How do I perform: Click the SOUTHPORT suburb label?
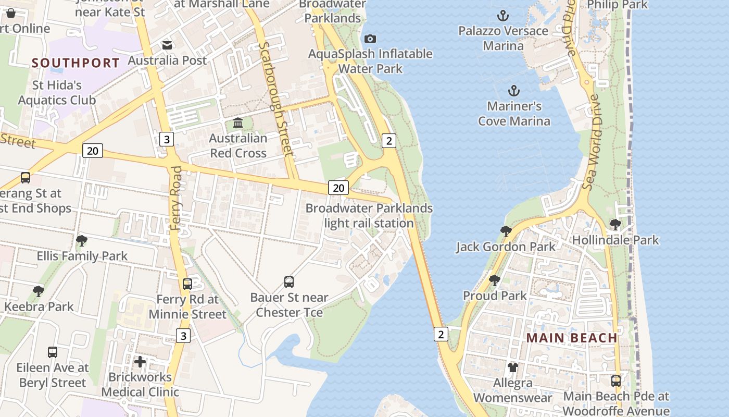[76, 63]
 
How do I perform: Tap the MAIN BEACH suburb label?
[572, 338]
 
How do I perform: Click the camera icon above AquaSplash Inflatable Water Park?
[370, 39]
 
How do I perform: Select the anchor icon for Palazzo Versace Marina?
[502, 16]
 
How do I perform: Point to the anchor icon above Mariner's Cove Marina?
[514, 91]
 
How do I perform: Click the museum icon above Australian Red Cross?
[238, 123]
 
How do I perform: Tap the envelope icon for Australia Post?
[167, 45]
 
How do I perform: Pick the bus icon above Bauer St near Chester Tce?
[289, 282]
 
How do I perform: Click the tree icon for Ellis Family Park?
[81, 241]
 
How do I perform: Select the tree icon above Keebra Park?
[38, 291]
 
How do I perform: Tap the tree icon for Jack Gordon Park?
[506, 231]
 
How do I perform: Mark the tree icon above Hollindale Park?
[615, 225]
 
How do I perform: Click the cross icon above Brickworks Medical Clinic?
[140, 361]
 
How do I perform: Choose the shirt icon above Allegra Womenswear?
[513, 367]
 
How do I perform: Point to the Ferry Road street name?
[176, 198]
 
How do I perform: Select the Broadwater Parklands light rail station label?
[369, 216]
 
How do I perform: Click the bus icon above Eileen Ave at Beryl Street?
[53, 352]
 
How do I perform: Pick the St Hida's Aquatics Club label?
[57, 92]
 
